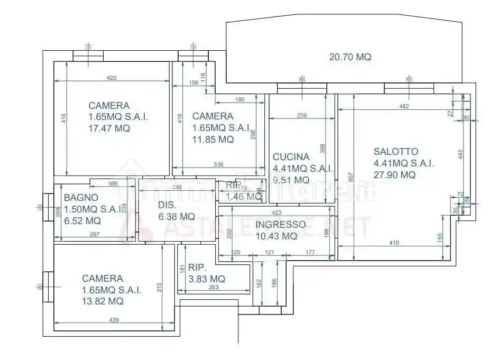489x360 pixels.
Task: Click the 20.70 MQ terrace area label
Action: click(x=350, y=57)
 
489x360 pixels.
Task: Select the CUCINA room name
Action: click(x=291, y=156)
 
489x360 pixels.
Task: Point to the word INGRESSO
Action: click(x=280, y=224)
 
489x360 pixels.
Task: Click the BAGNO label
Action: click(x=81, y=198)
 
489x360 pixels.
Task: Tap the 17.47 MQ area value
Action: click(x=109, y=128)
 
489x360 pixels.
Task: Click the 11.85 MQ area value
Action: click(x=213, y=140)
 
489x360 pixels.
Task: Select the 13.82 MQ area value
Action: click(x=103, y=301)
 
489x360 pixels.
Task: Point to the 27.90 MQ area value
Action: click(x=394, y=175)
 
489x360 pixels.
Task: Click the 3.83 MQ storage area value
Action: click(x=203, y=279)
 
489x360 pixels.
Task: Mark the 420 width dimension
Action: click(x=112, y=78)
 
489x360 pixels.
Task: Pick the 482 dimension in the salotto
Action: click(x=404, y=107)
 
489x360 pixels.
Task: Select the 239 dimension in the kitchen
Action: click(x=302, y=115)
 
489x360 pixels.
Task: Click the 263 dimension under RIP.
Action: click(x=214, y=288)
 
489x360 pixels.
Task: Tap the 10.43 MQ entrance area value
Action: click(x=276, y=236)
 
